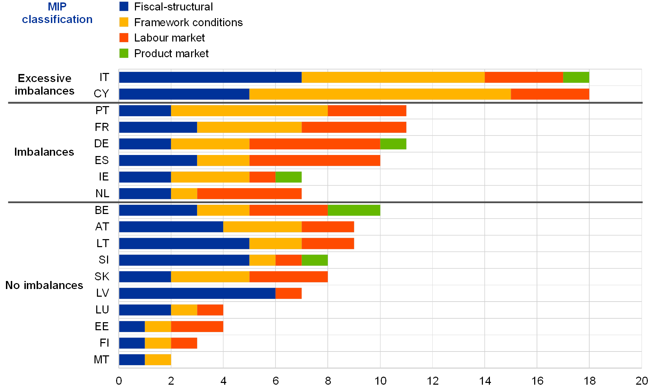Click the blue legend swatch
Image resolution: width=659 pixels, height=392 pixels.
point(124,6)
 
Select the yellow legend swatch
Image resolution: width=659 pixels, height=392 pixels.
point(124,22)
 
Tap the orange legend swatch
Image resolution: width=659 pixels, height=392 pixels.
point(124,38)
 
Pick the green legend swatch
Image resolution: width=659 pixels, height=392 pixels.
point(124,53)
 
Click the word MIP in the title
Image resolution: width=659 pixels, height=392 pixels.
point(57,7)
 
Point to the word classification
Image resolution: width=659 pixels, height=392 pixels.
point(57,20)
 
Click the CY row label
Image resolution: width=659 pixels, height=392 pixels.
point(101,94)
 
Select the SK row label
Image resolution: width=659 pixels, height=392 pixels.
point(102,276)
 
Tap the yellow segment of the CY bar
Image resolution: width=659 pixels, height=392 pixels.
point(380,94)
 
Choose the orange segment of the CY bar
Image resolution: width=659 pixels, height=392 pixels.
point(550,94)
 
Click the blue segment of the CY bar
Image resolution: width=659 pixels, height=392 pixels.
point(184,94)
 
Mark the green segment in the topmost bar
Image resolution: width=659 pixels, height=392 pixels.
point(576,77)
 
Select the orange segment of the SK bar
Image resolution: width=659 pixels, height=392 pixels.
point(288,276)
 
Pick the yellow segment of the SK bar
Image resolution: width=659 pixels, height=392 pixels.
point(210,276)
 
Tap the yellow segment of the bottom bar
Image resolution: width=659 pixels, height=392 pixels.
point(158,360)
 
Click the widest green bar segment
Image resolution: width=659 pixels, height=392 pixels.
point(354,210)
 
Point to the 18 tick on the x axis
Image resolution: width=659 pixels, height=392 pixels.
point(589,380)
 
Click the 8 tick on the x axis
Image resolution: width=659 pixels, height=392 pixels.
point(328,380)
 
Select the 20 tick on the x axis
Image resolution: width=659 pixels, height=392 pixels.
point(642,380)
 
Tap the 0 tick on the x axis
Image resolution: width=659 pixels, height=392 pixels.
point(119,380)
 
